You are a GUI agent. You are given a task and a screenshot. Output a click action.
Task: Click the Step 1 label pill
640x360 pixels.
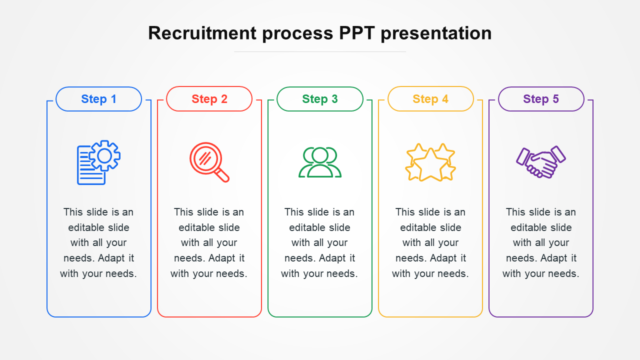point(98,99)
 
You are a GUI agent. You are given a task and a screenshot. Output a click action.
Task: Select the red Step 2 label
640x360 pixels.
point(209,99)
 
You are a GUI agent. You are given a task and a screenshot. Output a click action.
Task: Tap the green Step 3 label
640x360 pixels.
point(319,99)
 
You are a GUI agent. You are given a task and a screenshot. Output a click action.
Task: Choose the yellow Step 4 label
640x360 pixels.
point(430,99)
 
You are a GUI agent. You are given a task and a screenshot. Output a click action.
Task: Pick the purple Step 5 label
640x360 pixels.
point(541,99)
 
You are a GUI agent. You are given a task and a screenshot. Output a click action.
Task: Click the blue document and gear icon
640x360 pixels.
point(98,162)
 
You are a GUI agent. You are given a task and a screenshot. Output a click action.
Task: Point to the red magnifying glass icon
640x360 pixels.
point(209,162)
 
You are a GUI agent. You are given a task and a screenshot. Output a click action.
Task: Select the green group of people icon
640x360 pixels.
point(320,162)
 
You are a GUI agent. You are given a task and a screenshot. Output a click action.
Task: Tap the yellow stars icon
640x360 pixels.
point(430,162)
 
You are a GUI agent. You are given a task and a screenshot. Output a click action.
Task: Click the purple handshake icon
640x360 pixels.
point(541,162)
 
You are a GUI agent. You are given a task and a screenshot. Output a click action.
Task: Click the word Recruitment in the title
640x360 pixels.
point(202,33)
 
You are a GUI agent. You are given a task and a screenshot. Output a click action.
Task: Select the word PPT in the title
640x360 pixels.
point(357,33)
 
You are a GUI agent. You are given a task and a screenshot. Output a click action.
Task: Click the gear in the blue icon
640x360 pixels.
point(104,155)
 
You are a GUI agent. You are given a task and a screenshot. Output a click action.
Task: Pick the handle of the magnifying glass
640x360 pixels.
point(221,175)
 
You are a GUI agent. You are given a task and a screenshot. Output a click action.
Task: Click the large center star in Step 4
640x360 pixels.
point(430,165)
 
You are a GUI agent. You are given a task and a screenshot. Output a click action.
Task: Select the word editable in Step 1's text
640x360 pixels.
point(87,227)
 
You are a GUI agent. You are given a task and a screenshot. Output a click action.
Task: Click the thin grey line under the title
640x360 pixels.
point(320,51)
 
